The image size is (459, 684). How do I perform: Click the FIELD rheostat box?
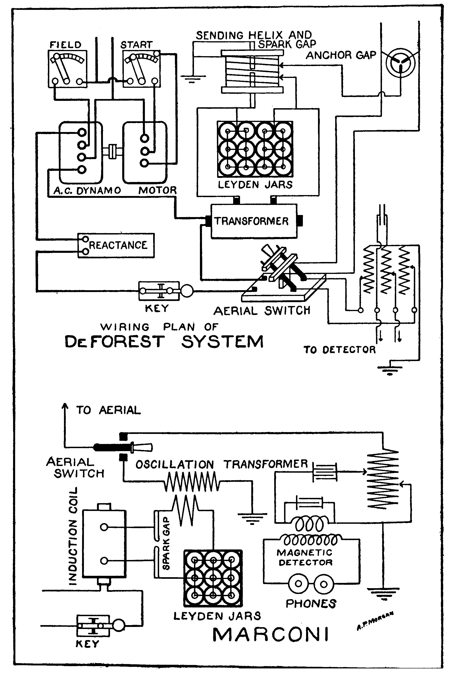[x=67, y=69]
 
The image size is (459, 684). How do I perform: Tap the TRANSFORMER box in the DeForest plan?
[x=254, y=221]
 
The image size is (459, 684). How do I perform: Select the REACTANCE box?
[x=116, y=245]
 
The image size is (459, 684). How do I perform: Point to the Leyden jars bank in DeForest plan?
[x=255, y=149]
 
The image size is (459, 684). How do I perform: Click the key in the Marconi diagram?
[x=93, y=626]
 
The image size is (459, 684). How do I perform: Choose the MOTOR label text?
[x=158, y=190]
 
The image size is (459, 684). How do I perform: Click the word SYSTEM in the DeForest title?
[x=222, y=342]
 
